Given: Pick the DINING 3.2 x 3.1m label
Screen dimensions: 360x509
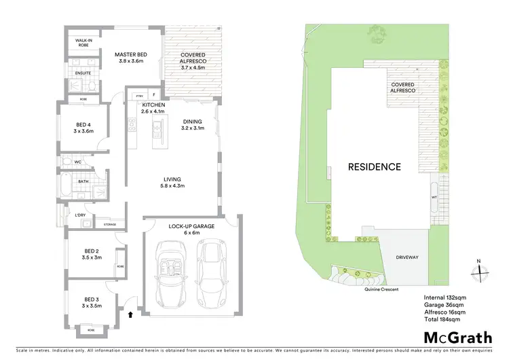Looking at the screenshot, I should pos(192,125).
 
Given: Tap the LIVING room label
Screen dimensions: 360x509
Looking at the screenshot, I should pos(172,181).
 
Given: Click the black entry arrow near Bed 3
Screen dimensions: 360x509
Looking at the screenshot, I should pos(130,314).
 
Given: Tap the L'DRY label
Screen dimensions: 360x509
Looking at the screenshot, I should pos(81,215).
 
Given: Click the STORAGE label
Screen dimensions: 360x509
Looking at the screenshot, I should pos(109,223).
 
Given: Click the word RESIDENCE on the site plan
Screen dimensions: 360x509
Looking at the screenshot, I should pos(374,166).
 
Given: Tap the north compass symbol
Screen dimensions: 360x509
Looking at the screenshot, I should pos(480,270).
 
